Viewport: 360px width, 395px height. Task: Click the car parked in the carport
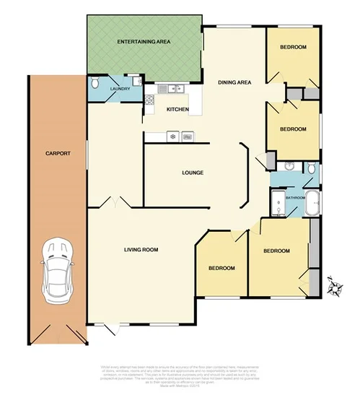pos(57,271)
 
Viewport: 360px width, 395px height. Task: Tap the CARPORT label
pos(57,153)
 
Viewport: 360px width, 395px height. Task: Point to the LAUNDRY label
pos(119,90)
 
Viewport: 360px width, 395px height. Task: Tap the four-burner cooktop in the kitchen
pos(150,100)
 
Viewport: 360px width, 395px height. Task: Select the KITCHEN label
pos(177,110)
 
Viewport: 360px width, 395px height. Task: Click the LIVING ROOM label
pos(137,250)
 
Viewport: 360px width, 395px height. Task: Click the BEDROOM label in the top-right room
pos(293,48)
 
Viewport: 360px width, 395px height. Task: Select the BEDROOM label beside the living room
pos(221,268)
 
